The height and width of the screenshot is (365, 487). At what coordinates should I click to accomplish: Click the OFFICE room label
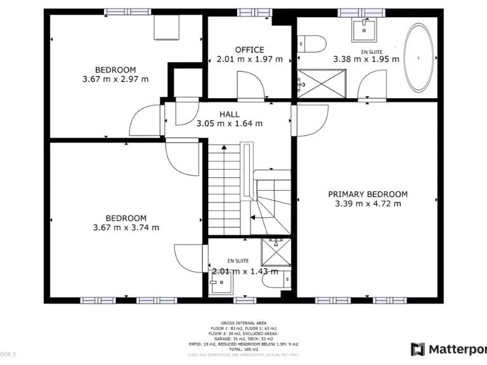249,50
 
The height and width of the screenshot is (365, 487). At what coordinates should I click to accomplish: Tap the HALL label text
230,115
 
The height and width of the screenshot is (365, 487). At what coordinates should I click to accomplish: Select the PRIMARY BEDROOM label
367,195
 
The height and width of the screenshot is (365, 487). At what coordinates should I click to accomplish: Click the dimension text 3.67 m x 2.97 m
115,79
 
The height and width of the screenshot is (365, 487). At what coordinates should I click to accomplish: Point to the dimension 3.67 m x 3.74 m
126,227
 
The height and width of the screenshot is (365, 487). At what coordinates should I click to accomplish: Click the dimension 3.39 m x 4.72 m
368,204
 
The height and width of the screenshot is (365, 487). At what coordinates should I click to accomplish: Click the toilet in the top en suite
312,44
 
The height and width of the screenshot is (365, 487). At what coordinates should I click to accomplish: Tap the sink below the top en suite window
365,29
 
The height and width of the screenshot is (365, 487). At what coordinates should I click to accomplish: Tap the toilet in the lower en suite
286,279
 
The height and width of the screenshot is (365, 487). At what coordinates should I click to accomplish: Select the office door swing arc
248,84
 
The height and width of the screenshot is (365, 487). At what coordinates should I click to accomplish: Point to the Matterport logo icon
418,349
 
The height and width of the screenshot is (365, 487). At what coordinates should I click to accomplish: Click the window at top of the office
249,12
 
